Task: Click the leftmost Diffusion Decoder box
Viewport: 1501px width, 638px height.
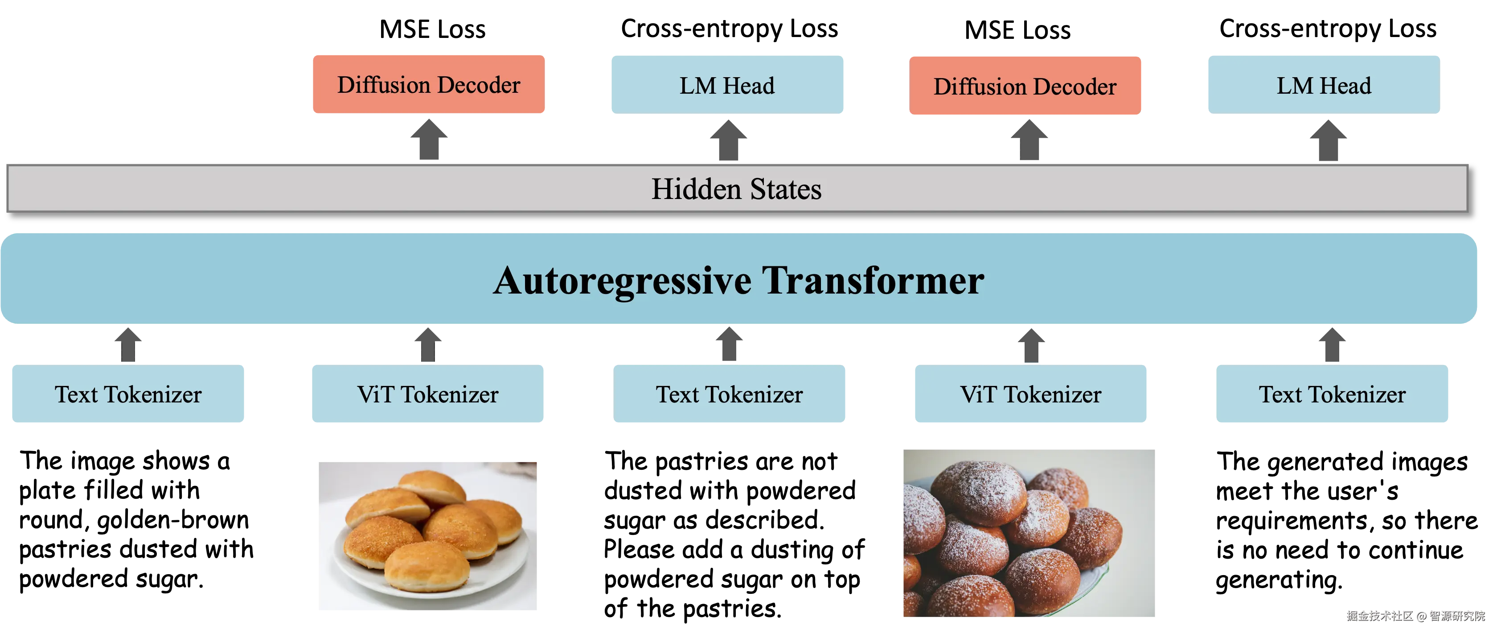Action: tap(428, 85)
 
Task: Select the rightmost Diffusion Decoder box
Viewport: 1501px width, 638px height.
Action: tap(1025, 86)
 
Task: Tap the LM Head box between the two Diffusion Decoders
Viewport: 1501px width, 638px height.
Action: tap(726, 85)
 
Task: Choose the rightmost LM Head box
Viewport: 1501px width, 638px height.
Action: tap(1323, 85)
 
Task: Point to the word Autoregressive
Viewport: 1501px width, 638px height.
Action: tap(622, 281)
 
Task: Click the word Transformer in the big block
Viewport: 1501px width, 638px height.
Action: tap(873, 281)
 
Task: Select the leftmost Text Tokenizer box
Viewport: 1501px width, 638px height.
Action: tap(128, 394)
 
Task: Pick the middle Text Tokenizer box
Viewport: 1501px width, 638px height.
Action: tap(730, 394)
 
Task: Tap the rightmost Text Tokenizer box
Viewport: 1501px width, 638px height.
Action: tap(1332, 394)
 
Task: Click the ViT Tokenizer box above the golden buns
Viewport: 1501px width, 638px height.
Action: tap(428, 394)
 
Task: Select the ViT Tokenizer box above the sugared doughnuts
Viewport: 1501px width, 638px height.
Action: tap(1030, 394)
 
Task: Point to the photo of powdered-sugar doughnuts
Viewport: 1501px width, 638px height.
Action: tap(1028, 532)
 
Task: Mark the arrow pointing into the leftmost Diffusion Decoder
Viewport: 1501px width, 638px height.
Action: tap(430, 140)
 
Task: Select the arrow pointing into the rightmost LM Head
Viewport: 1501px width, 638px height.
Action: tap(1328, 140)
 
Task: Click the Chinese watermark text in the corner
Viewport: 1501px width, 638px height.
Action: tap(1415, 615)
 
